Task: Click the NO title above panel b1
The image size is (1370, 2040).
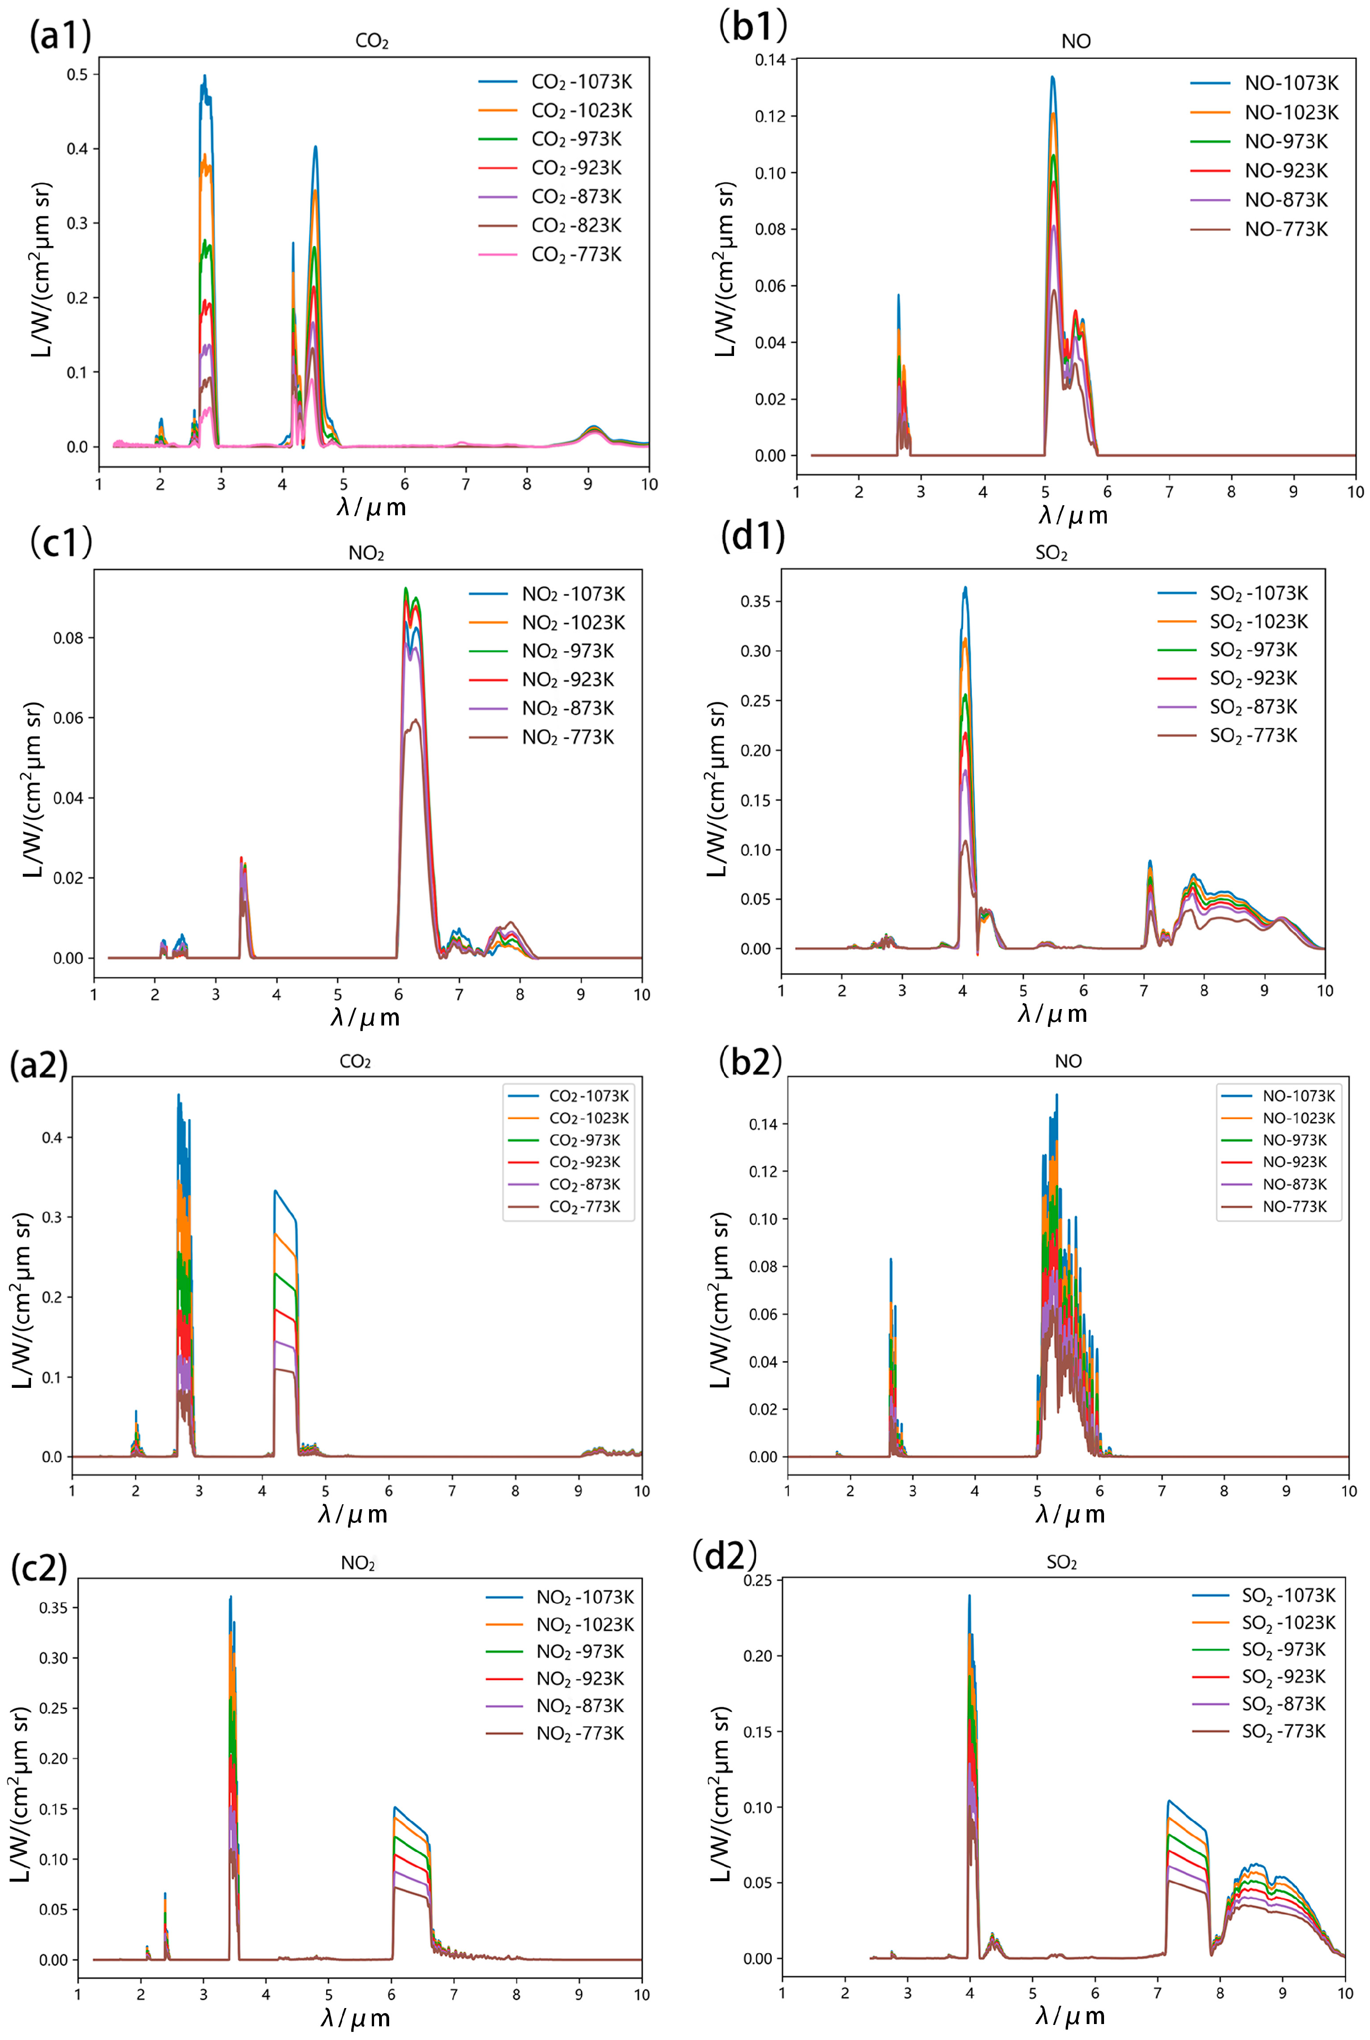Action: pos(1076,41)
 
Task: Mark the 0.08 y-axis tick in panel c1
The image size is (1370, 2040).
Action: pos(68,638)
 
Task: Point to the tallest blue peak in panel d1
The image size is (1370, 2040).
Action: pos(965,588)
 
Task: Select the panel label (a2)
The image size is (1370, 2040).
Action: pos(38,1065)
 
